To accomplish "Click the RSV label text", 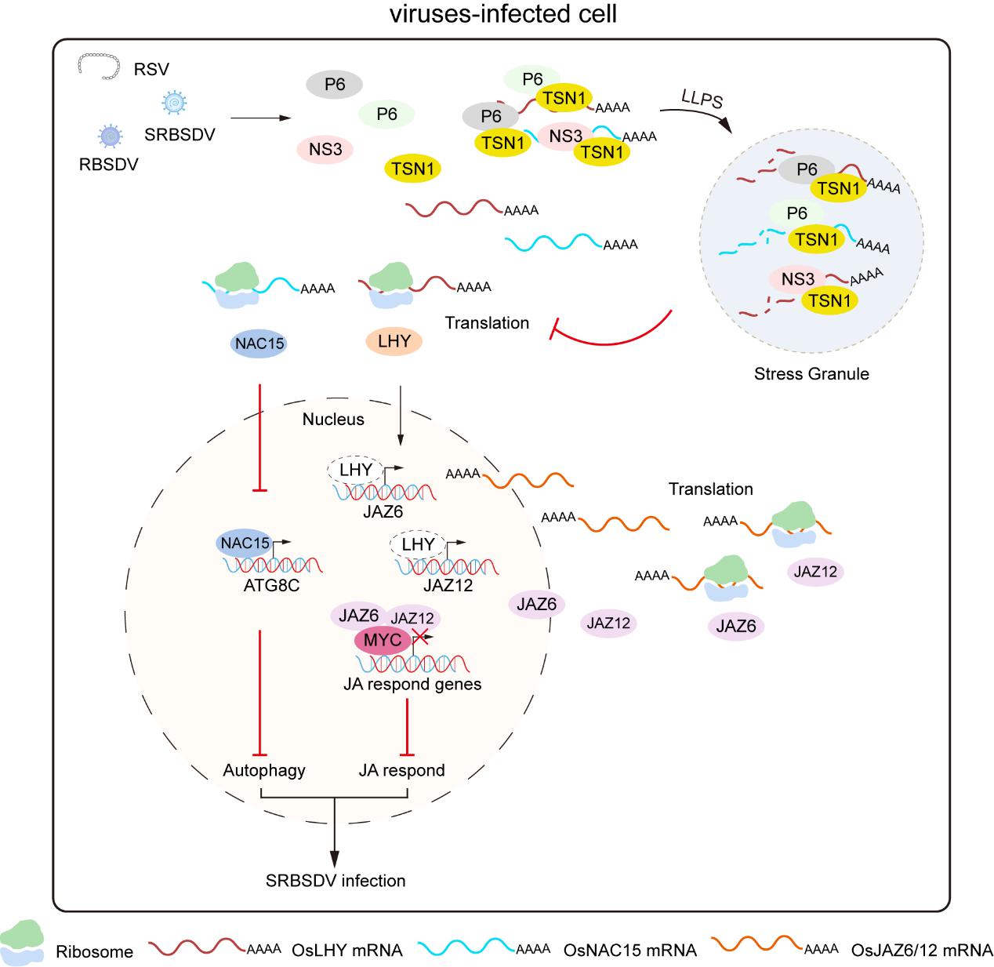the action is click(151, 69).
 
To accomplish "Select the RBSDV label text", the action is click(108, 164).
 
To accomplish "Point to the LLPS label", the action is click(702, 98).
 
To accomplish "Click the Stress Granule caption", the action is click(811, 373).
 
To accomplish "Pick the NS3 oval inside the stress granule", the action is click(797, 279).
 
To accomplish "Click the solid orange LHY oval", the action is click(394, 341).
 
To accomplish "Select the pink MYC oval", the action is click(383, 639).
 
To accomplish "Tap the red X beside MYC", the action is click(420, 636).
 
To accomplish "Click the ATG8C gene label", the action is click(271, 585).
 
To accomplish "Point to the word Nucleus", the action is click(333, 419).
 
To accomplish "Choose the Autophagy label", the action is click(264, 770).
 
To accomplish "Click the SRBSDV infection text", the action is click(335, 881).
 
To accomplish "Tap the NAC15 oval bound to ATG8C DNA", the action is click(245, 543).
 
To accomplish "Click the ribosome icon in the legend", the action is click(21, 941).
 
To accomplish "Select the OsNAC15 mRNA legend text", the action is click(629, 950).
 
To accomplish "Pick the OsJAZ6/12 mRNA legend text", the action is click(921, 950).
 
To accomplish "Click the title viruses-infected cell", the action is click(503, 14).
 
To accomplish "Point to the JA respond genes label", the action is click(412, 684).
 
